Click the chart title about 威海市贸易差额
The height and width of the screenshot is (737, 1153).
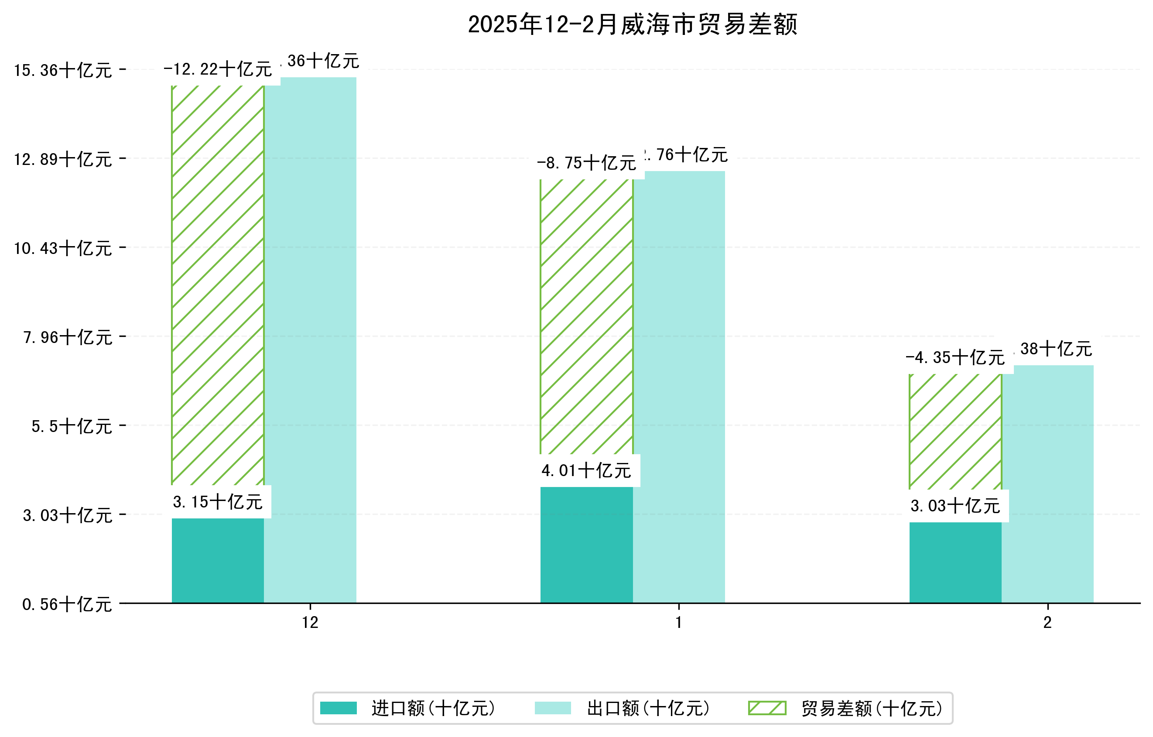632,24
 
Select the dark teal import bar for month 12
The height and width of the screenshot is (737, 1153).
217,560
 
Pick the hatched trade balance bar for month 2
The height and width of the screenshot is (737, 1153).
955,431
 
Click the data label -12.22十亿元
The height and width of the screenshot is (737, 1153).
217,70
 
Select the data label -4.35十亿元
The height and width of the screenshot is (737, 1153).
955,358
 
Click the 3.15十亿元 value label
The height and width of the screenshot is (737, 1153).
217,502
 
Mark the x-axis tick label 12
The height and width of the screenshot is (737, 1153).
310,623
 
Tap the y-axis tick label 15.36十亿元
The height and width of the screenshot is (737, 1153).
63,71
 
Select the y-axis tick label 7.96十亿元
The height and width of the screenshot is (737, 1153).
68,338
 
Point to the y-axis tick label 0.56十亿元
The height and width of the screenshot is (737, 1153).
67,604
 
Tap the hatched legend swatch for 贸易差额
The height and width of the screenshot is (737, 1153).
767,708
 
